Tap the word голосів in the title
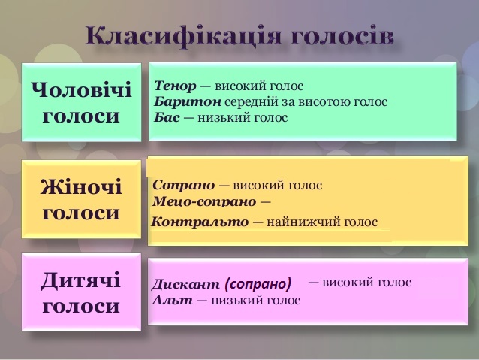tap(342, 36)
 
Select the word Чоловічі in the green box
tap(81, 89)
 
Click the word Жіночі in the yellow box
tap(81, 186)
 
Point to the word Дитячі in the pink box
tap(81, 280)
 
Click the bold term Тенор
tap(175, 86)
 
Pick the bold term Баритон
tap(188, 102)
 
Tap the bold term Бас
tap(167, 117)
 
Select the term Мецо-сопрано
tap(204, 201)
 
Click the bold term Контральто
tap(200, 222)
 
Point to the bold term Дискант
tap(185, 284)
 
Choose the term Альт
tap(173, 300)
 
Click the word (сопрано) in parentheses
tap(258, 284)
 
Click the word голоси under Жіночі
tap(81, 213)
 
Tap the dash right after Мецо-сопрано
tap(266, 202)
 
